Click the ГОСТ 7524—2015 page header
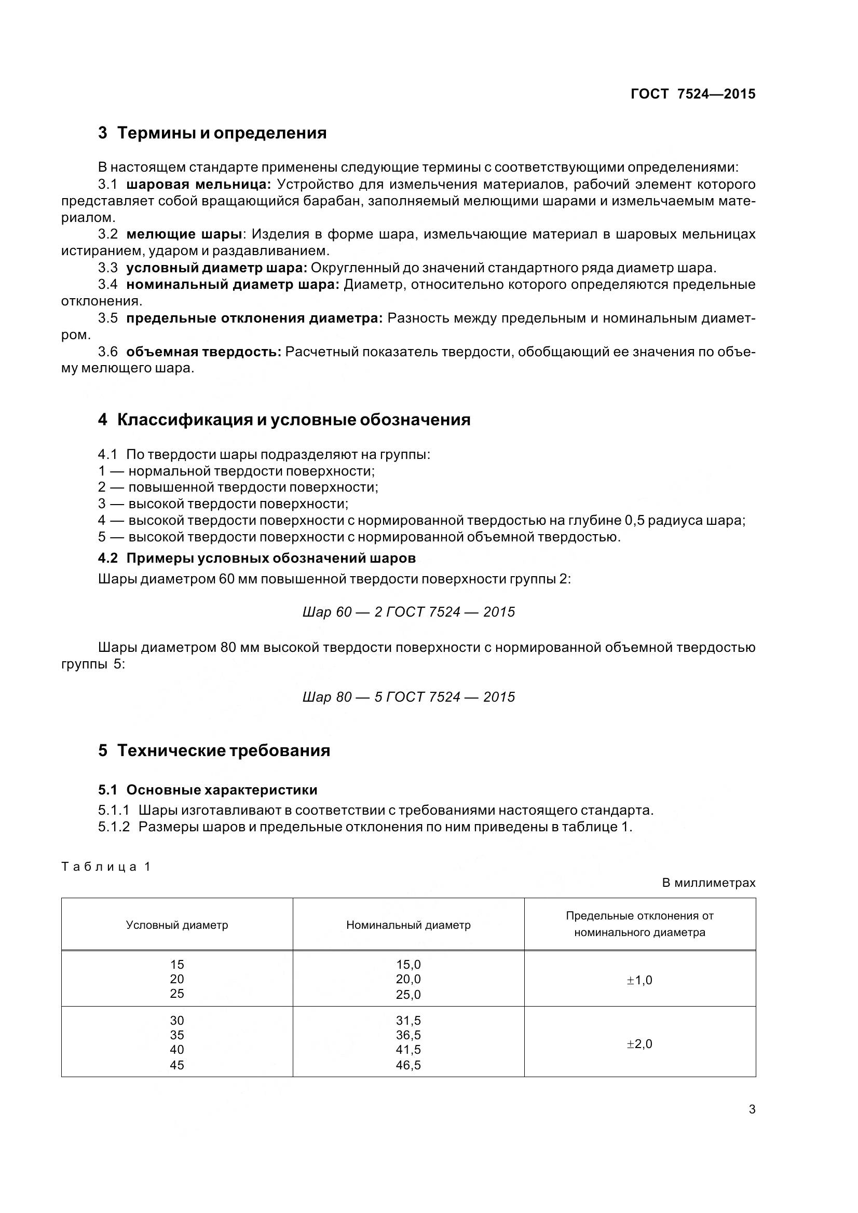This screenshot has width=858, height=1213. [x=692, y=94]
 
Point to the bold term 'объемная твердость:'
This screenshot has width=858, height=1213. [x=203, y=352]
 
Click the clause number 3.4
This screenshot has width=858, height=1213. [x=108, y=285]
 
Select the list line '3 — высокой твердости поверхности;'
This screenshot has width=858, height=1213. [x=223, y=504]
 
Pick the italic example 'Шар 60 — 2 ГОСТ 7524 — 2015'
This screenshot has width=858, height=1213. [x=408, y=612]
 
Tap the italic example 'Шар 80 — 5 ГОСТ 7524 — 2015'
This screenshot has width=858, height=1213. [x=408, y=698]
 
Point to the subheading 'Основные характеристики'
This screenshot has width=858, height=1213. [x=222, y=790]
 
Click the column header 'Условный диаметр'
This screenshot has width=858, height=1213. [x=177, y=925]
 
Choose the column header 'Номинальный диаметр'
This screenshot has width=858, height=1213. [x=408, y=925]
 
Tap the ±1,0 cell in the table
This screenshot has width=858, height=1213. [x=639, y=981]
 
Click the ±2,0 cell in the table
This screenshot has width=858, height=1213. [x=639, y=1044]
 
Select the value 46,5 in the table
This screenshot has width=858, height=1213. [x=408, y=1066]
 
